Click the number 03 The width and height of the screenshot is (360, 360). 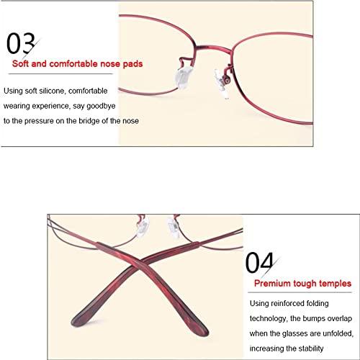click(21, 43)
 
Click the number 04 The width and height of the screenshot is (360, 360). click(259, 263)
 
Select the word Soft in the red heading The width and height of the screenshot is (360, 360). click(20, 63)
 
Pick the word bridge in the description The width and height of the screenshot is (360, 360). click(89, 121)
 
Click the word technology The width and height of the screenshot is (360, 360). click(269, 319)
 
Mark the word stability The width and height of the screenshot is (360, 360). click(310, 348)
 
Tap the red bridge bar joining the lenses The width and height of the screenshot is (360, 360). click(214, 48)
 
